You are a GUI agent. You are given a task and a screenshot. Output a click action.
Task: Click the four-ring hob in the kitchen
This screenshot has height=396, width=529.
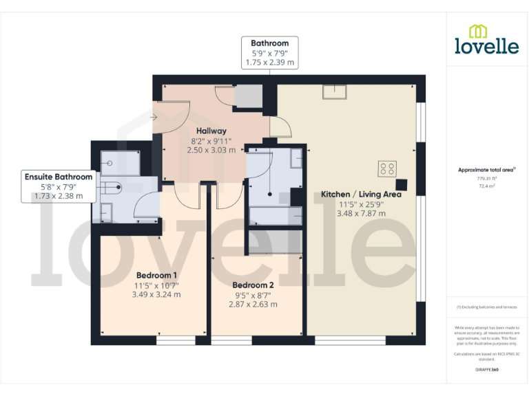point(386,168)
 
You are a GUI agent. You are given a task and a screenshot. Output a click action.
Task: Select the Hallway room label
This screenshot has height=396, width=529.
point(211,131)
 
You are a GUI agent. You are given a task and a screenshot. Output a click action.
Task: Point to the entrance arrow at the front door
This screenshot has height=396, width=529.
point(154,117)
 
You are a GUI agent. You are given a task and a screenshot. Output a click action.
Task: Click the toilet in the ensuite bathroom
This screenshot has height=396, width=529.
point(112,185)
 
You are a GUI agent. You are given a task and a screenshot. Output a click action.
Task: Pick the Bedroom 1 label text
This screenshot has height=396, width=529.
point(156,275)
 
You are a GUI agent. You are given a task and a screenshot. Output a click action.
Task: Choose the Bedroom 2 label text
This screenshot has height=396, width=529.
point(253,285)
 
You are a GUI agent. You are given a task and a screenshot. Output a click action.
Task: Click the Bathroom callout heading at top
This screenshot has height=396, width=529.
point(269,43)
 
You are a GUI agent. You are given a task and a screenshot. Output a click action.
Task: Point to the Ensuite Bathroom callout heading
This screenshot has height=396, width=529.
point(59,177)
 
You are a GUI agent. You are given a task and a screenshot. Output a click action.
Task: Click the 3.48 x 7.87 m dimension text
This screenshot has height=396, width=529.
point(361,213)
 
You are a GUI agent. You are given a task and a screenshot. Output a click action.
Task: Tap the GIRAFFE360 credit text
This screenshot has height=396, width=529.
point(486,370)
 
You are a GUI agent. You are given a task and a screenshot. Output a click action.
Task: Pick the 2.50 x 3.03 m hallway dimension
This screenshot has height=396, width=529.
point(211,149)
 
